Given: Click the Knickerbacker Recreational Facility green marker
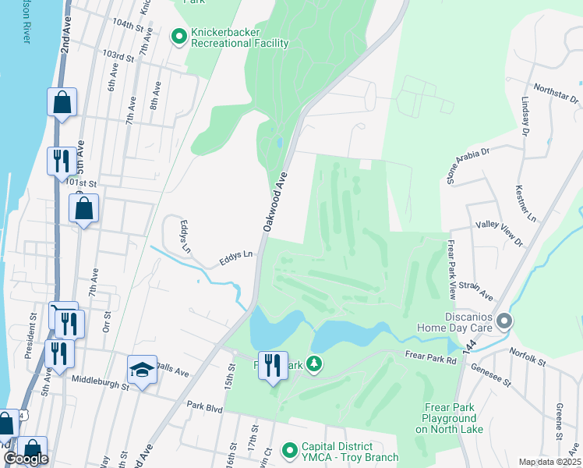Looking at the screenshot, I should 178,35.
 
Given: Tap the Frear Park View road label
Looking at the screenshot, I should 451,270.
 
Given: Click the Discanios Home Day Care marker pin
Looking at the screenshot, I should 504,321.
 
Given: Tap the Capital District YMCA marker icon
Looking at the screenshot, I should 290,450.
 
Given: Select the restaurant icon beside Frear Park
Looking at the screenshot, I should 272,365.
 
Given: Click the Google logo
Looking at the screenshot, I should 26,459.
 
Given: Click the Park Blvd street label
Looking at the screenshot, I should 204,406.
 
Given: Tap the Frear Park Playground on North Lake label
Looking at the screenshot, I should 454,418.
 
